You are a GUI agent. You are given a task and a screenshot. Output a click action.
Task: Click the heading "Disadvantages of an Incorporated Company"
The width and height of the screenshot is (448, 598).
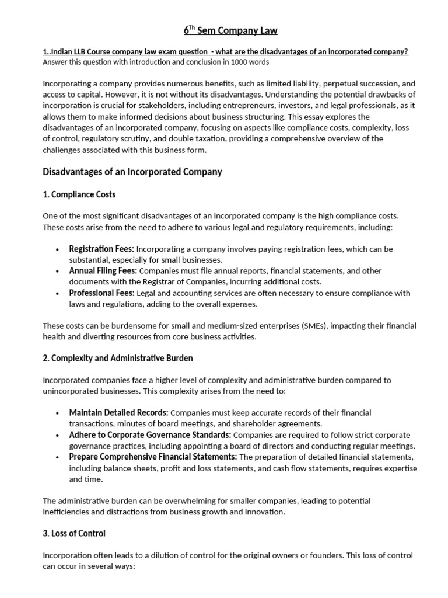pos(132,172)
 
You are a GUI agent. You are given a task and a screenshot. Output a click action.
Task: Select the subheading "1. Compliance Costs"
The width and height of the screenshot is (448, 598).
pos(79,194)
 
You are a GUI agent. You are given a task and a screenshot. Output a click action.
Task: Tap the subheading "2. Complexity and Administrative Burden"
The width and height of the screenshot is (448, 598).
pos(118,358)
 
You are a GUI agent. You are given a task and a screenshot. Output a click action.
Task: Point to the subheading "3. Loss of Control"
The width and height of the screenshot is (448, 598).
pos(74,533)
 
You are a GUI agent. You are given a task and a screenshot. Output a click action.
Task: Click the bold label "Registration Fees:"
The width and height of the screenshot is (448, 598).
pos(101,249)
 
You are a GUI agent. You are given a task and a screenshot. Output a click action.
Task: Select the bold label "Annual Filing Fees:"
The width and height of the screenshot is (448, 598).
pos(103,271)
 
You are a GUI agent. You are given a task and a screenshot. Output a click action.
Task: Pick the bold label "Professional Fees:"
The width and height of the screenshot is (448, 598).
pos(101,293)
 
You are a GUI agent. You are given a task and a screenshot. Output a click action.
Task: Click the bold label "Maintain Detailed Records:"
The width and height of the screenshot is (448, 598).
pos(118,413)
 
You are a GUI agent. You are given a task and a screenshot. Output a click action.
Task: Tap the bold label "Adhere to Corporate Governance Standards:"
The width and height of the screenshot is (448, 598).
pos(150,435)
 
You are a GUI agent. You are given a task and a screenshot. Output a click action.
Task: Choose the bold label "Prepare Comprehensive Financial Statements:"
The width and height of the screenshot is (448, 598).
pos(153,457)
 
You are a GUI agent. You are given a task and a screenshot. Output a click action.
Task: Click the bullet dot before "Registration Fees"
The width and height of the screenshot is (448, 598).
pos(57,249)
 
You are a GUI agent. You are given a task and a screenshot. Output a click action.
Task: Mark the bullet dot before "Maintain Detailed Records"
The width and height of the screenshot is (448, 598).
pos(57,413)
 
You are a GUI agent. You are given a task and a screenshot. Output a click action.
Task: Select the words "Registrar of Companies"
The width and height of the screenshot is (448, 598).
pos(166,281)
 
